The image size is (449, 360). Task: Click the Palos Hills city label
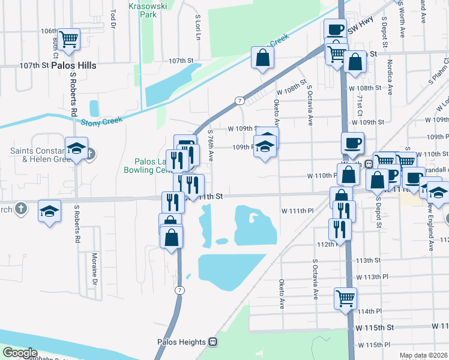pyautogui.click(x=74, y=65)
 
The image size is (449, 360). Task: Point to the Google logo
pyautogui.click(x=20, y=353)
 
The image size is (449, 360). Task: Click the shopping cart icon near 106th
pyautogui.click(x=69, y=39)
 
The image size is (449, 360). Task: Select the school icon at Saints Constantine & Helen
pyautogui.click(x=77, y=148)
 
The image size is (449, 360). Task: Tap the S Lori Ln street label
pyautogui.click(x=197, y=28)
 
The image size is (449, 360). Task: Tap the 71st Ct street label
pyautogui.click(x=360, y=104)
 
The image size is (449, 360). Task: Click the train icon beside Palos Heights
pyautogui.click(x=212, y=342)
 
